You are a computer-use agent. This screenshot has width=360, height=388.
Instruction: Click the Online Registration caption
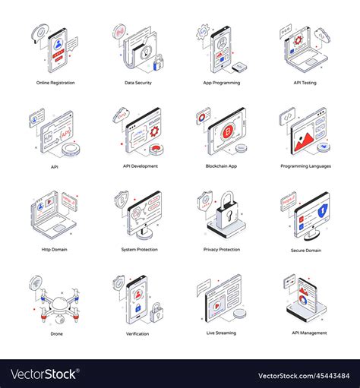point(55,82)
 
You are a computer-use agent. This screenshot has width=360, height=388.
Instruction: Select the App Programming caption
point(222,82)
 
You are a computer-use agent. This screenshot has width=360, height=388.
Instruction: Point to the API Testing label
point(307,82)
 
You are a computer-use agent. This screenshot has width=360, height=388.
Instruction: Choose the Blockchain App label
point(222,166)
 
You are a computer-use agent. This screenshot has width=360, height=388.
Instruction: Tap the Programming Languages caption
point(305,166)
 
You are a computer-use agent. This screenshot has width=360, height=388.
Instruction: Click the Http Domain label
point(55,249)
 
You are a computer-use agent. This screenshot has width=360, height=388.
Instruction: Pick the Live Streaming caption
point(222,333)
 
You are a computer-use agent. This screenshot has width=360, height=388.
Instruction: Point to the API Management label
point(307,333)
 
